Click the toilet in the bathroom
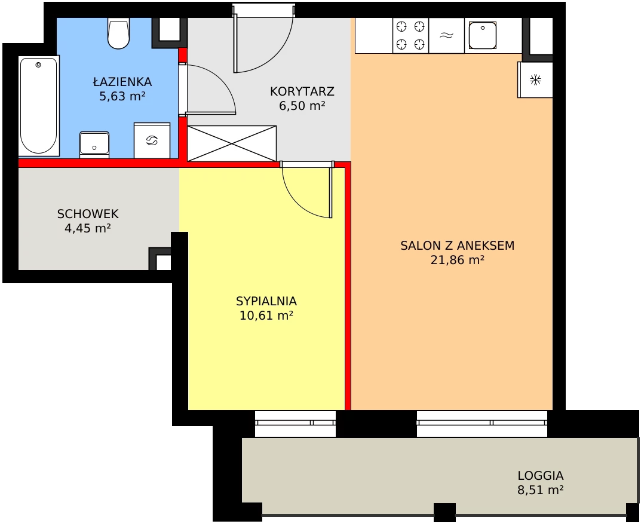click(118, 33)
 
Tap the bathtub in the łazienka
click(39, 105)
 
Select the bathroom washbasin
click(94, 145)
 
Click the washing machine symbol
click(152, 140)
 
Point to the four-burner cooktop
click(410, 36)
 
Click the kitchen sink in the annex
click(482, 36)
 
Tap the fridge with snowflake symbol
click(535, 79)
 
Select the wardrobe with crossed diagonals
click(232, 143)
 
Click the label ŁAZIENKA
click(122, 82)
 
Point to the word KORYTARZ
click(302, 91)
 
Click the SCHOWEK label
click(88, 214)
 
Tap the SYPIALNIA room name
click(266, 301)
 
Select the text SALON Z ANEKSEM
click(458, 246)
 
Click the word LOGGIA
click(541, 476)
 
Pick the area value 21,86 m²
click(458, 260)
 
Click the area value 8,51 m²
click(541, 490)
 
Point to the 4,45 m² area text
click(88, 228)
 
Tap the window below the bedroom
click(295, 423)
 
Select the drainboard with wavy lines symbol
click(446, 36)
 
